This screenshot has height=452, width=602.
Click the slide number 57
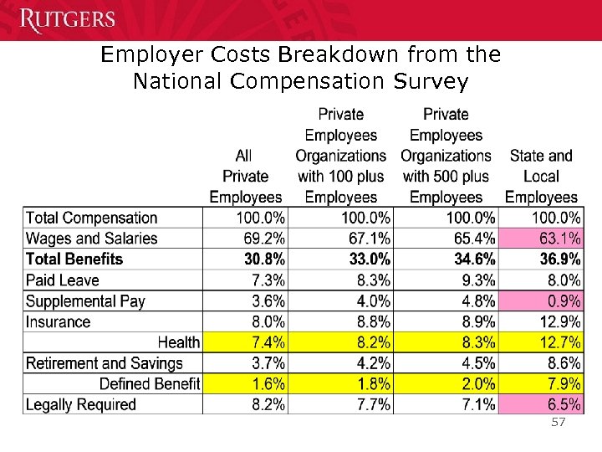[x=558, y=423]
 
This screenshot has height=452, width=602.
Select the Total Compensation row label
[x=92, y=218]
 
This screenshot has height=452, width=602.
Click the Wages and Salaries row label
[x=92, y=239]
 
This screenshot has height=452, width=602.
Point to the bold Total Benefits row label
[x=74, y=259]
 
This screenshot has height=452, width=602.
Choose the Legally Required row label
[x=81, y=404]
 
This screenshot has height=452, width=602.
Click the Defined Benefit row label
[x=149, y=384]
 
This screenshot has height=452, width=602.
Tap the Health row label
[x=179, y=342]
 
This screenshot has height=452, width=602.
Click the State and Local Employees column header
[x=541, y=177]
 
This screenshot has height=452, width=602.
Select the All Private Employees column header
[x=245, y=177]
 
